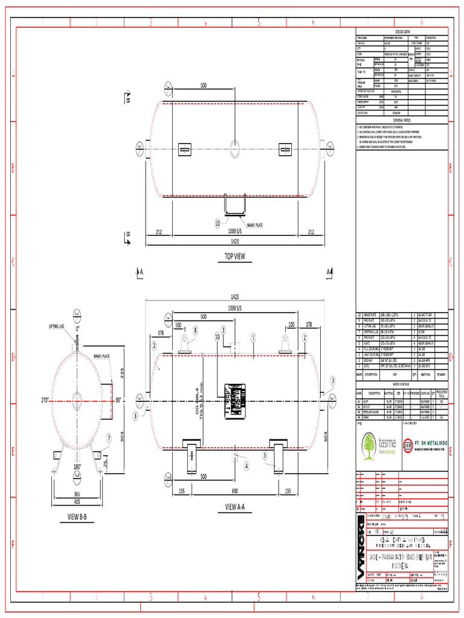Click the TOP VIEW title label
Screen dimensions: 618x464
point(234,256)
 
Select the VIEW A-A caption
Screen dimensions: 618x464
point(238,506)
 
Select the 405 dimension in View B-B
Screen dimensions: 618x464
point(77,501)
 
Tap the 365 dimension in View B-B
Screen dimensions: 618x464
point(77,494)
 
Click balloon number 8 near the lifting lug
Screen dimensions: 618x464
point(195,330)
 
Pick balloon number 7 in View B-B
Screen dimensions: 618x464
point(109,438)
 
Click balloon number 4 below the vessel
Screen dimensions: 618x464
point(246,466)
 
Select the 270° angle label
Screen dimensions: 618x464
point(44,400)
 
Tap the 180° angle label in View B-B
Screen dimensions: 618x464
point(77,467)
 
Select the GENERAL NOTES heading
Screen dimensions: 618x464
point(402,121)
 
